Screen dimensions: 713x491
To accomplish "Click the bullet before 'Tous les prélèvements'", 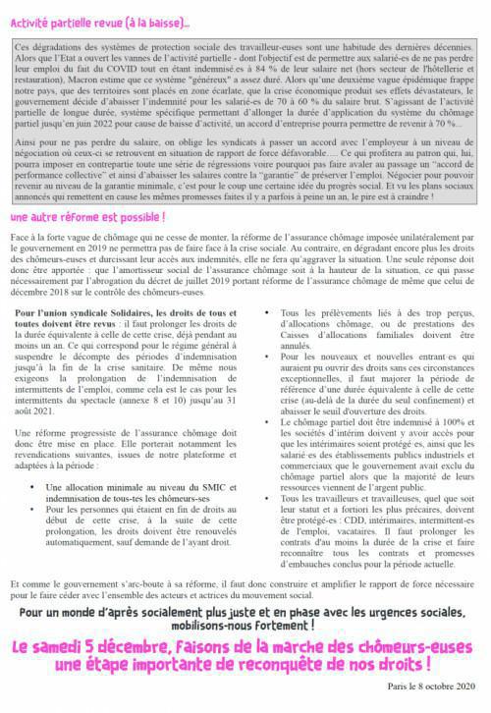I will pos(259,339).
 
